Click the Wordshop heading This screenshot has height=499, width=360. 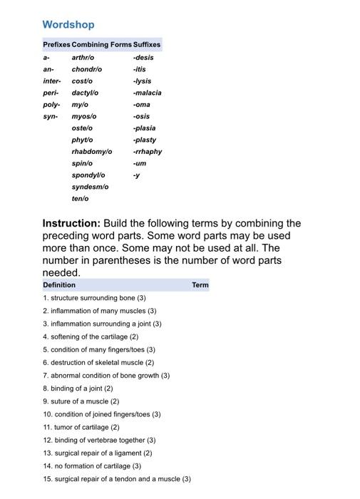pos(68,25)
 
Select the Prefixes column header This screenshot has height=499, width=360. pos(56,44)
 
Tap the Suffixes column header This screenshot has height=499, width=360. pos(147,44)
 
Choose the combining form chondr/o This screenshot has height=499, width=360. pos(87,69)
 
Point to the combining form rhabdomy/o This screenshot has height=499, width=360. pos(92,152)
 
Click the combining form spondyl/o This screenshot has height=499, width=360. pos(88,175)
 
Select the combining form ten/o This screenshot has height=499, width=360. pos(81,199)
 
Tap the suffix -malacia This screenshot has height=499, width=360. pos(147,93)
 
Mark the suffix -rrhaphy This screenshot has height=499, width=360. pos(147,152)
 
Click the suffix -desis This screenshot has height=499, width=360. pos(143,57)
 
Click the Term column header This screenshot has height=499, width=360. pos(200,285)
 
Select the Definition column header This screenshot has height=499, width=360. pos(59,285)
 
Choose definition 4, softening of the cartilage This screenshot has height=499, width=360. pos(91,336)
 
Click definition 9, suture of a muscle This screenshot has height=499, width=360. pos(81,401)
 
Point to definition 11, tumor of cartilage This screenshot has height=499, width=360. pos(81,427)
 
